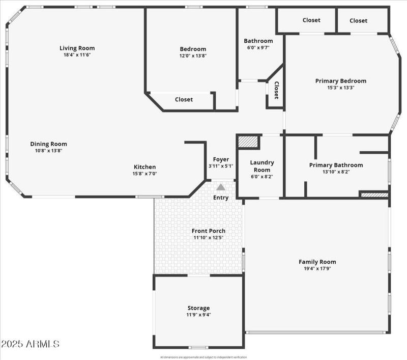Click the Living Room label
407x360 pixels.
click(77, 48)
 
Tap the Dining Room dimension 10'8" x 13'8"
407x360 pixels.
click(48, 151)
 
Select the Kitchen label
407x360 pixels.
click(144, 167)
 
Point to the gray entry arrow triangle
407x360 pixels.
click(221, 187)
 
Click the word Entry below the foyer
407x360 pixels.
click(221, 198)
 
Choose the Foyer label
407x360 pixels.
click(221, 159)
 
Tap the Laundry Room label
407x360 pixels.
click(262, 166)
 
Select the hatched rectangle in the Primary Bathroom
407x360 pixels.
click(374, 194)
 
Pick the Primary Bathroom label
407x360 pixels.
click(336, 165)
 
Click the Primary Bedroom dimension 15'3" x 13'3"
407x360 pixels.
click(340, 88)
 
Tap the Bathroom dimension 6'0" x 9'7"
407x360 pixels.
click(258, 47)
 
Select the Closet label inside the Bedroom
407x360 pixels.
click(184, 100)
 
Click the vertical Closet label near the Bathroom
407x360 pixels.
click(276, 90)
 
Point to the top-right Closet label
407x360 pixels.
click(358, 20)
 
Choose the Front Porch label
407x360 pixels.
click(209, 231)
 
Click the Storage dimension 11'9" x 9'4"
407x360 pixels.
click(198, 315)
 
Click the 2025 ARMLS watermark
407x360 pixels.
click(31, 344)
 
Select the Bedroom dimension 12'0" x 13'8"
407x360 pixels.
click(193, 56)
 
